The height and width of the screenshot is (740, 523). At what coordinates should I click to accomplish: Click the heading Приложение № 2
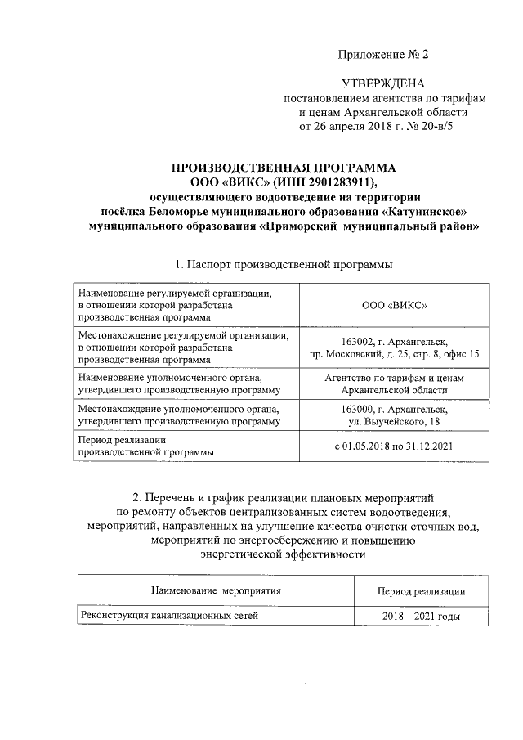coord(383,55)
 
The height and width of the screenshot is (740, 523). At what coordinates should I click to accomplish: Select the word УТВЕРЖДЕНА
coord(382,83)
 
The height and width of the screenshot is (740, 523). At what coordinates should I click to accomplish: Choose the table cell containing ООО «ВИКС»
coord(395,304)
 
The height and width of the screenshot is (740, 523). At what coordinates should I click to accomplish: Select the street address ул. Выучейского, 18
coord(395,421)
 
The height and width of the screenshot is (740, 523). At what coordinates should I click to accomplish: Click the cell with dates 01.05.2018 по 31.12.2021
coord(395,446)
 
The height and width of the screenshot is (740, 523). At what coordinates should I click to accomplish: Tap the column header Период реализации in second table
coord(421,590)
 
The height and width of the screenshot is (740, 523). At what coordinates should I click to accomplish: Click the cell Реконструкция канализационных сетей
coord(169,616)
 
